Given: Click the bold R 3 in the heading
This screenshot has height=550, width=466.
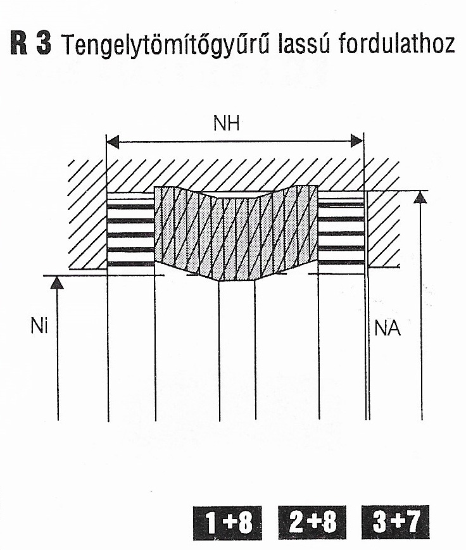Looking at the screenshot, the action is click(31, 44).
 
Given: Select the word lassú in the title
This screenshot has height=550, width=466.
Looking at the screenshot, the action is click(305, 44).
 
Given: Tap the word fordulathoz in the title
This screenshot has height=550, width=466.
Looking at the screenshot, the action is click(396, 43).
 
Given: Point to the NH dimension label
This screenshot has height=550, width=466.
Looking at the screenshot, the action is click(227, 123).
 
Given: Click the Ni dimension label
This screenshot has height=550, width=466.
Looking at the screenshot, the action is click(39, 326).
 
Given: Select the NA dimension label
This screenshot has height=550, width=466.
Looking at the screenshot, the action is click(387, 328).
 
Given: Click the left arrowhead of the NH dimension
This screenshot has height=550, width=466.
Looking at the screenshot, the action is click(112, 142).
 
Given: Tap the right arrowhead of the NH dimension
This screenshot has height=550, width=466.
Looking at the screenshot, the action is click(357, 141).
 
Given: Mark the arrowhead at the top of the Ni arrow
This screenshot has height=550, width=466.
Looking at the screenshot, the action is click(57, 282).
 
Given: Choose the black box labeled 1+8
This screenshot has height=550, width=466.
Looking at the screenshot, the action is click(227, 523).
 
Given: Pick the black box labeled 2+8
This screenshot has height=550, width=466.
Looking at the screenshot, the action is click(312, 523).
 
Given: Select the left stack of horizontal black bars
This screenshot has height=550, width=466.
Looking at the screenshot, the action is click(130, 231).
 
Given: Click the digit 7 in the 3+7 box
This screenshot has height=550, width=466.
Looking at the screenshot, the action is click(412, 522).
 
